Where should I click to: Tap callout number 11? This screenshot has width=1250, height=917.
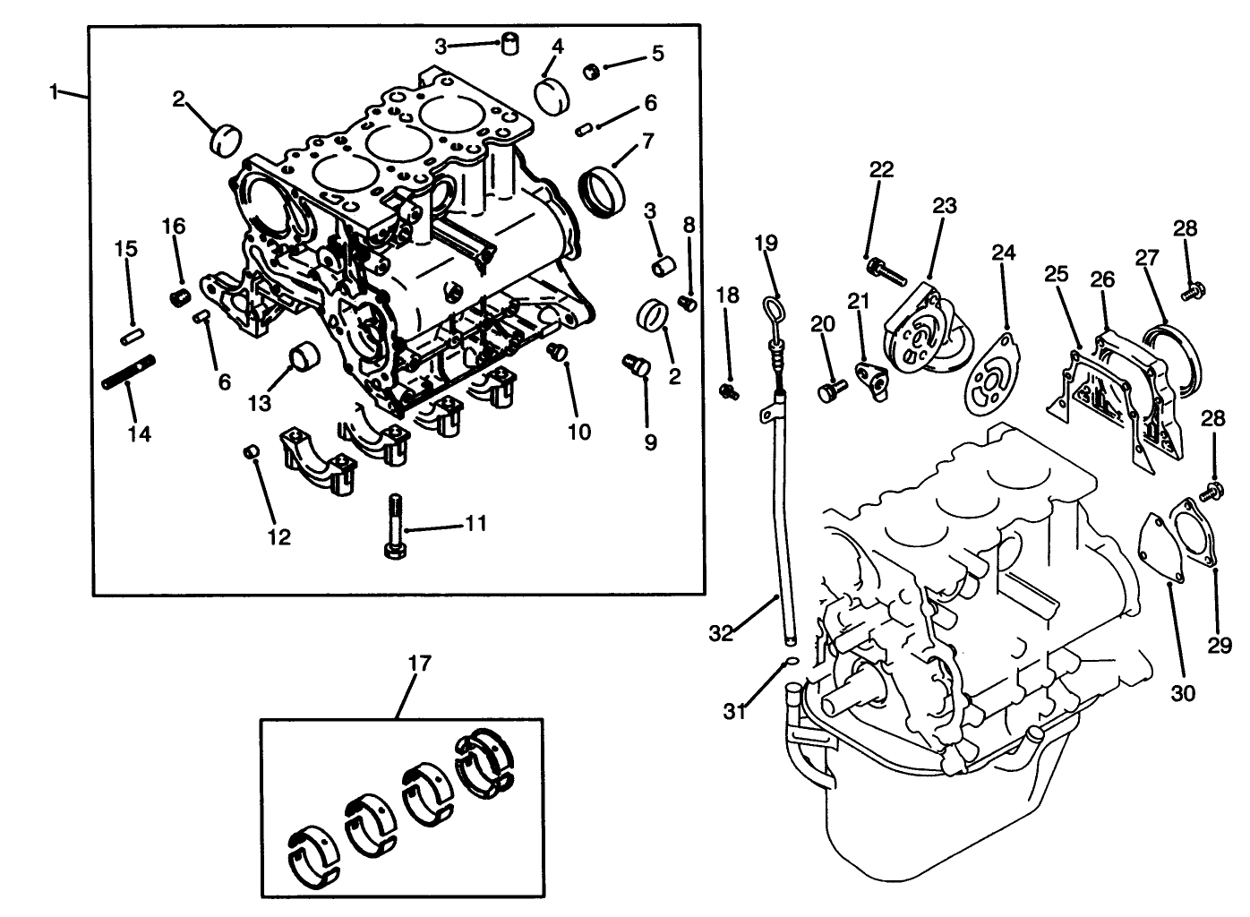[x=475, y=523]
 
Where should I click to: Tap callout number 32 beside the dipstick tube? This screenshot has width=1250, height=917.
[x=720, y=633]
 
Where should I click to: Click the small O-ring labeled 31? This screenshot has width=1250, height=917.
[x=790, y=662]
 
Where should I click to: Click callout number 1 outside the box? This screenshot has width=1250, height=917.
[x=54, y=91]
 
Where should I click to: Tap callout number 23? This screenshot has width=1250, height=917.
[x=944, y=206]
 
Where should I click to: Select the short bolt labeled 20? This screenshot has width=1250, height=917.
[x=832, y=390]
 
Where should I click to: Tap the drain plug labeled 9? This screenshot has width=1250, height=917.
[x=636, y=365]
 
